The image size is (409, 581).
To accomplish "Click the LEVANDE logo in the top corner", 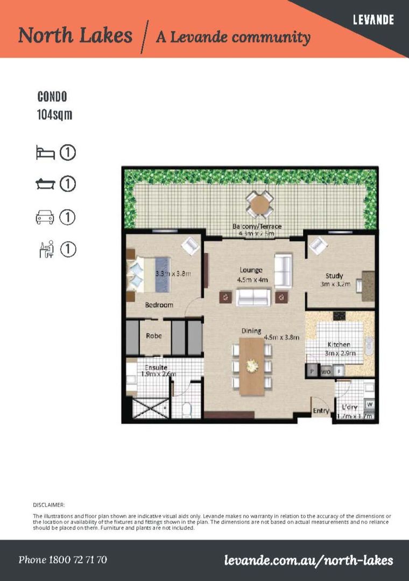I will pyautogui.click(x=373, y=20).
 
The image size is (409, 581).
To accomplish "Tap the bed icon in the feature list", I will pyautogui.click(x=45, y=153).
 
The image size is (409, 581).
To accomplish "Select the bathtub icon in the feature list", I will pyautogui.click(x=45, y=185).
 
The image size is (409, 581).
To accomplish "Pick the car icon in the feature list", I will pyautogui.click(x=45, y=217).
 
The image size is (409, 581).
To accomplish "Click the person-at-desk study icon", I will pyautogui.click(x=46, y=250).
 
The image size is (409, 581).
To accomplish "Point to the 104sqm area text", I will pyautogui.click(x=54, y=115).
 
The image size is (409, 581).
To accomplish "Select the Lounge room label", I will pyautogui.click(x=251, y=270).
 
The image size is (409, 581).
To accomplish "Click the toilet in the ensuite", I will pyautogui.click(x=187, y=410).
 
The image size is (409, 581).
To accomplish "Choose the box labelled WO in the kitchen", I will pyautogui.click(x=326, y=371).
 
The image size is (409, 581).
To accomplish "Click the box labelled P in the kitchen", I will pyautogui.click(x=312, y=371).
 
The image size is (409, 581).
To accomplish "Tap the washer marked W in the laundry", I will pyautogui.click(x=369, y=404).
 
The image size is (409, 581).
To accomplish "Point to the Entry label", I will pyautogui.click(x=321, y=411).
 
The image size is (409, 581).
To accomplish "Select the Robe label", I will pyautogui.click(x=154, y=336).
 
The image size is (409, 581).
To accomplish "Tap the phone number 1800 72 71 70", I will pyautogui.click(x=63, y=560).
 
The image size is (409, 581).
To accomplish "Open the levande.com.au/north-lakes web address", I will pyautogui.click(x=308, y=561).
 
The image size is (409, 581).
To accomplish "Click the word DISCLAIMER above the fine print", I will pyautogui.click(x=49, y=505).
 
